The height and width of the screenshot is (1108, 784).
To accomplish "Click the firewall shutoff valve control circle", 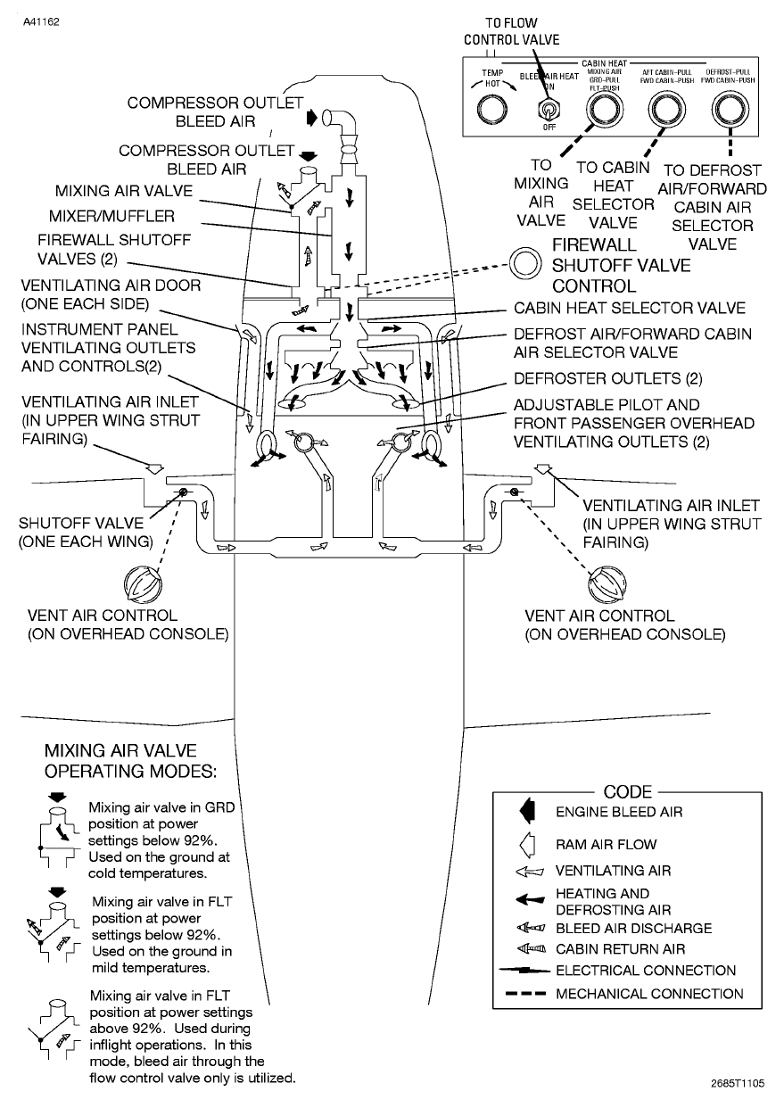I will [525, 263].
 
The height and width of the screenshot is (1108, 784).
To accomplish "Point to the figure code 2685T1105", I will [738, 1084].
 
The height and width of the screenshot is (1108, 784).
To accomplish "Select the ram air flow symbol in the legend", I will [527, 844].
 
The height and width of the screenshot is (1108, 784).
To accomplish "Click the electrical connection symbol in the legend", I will [526, 971].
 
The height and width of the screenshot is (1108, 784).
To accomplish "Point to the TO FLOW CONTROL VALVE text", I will [512, 30].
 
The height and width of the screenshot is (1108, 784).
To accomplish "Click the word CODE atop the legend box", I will [628, 792].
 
